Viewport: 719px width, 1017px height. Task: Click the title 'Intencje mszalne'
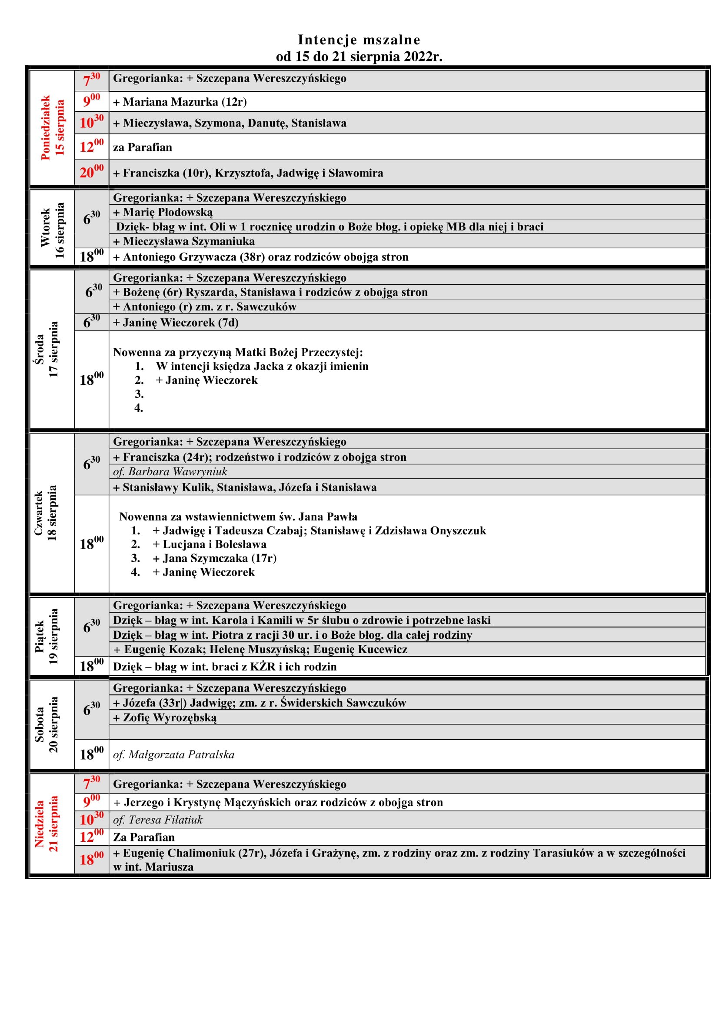(x=359, y=40)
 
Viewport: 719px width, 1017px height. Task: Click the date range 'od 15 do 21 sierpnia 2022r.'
(x=359, y=57)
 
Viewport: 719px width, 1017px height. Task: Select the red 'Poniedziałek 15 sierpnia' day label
(x=52, y=127)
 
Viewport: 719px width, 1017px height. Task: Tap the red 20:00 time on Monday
(x=92, y=172)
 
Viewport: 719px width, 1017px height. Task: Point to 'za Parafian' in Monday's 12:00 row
(x=143, y=147)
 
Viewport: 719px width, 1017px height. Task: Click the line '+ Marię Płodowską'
(x=163, y=212)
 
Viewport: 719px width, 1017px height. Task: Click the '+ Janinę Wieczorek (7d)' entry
(x=176, y=323)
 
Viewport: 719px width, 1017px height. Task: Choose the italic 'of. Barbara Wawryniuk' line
(x=170, y=472)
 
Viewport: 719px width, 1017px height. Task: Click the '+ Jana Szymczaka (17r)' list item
(x=215, y=558)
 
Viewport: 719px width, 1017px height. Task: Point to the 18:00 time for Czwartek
(x=92, y=544)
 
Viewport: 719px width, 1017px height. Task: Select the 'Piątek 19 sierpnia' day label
(x=47, y=637)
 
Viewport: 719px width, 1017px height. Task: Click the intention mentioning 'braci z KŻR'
(x=225, y=667)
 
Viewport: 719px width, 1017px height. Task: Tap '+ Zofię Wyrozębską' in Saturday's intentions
(x=165, y=717)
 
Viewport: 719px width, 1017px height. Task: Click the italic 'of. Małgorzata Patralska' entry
(x=174, y=755)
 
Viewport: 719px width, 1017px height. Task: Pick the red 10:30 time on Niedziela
(x=92, y=820)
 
